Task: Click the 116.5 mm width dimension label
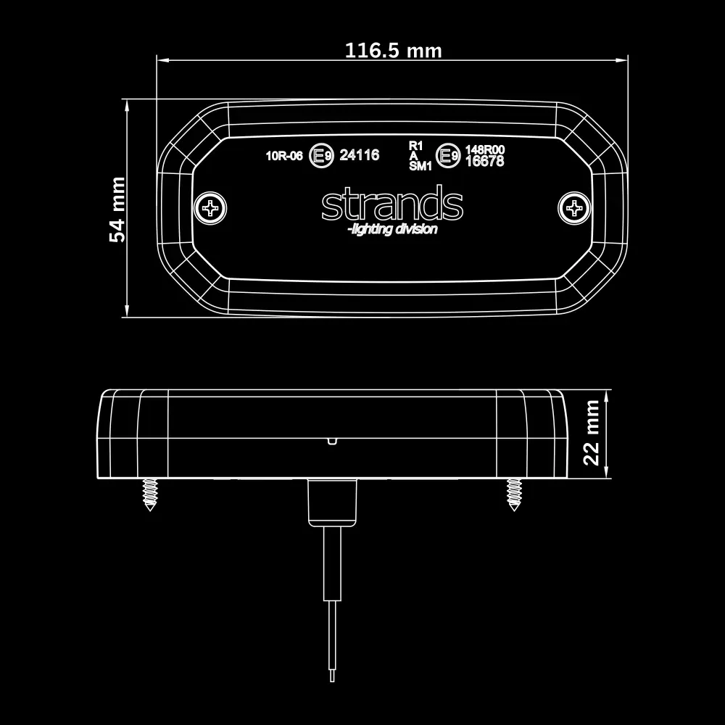tap(392, 51)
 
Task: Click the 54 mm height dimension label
tap(117, 209)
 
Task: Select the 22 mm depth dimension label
tap(592, 433)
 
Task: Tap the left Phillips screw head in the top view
tap(212, 209)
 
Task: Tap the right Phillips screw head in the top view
tap(575, 209)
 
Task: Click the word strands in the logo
tap(391, 205)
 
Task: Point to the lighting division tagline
tap(392, 230)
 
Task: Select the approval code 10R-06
tap(283, 155)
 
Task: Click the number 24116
tap(360, 155)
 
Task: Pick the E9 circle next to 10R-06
tap(320, 155)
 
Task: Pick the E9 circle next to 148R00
tap(447, 155)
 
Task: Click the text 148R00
tap(484, 149)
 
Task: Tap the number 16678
tap(484, 162)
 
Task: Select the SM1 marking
tap(420, 166)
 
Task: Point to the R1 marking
tap(415, 145)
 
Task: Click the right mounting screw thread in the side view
tap(514, 494)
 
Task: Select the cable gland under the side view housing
tap(333, 502)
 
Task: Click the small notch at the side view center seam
tap(331, 439)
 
